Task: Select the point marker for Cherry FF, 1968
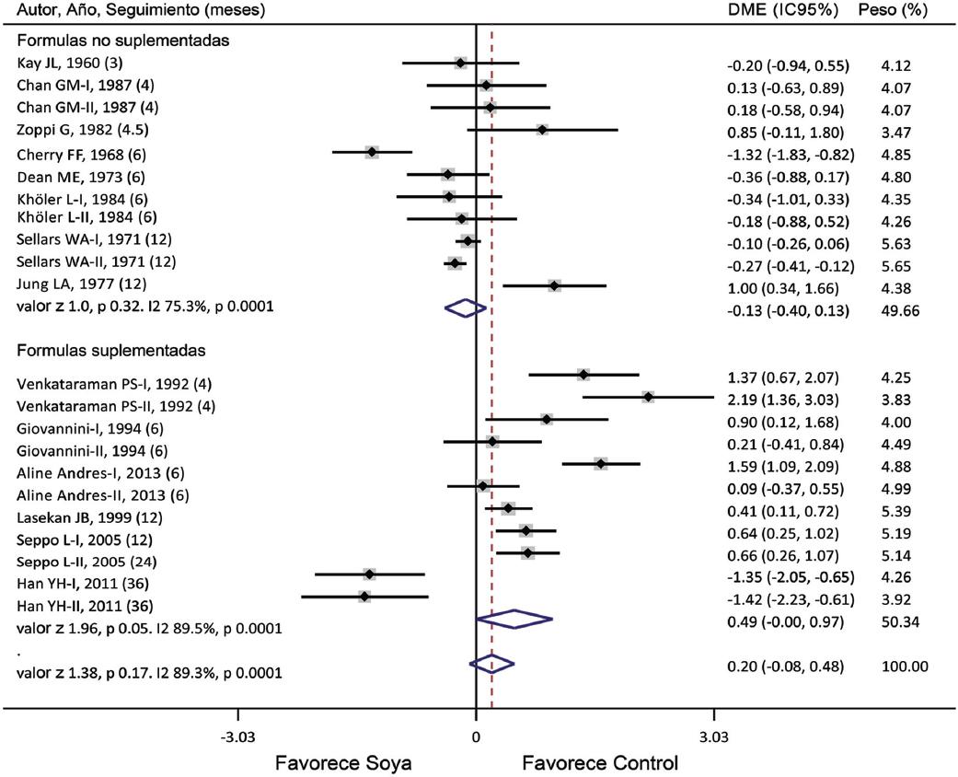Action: [372, 152]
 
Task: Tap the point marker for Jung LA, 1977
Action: [554, 285]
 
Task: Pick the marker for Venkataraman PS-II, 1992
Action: [649, 397]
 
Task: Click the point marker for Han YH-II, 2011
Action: [364, 597]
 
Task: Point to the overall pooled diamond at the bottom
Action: [491, 663]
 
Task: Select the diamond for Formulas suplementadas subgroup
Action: [514, 619]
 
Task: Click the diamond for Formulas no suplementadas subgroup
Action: [465, 308]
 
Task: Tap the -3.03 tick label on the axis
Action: [238, 736]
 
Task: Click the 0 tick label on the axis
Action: [476, 736]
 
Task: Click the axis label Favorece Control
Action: [600, 763]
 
